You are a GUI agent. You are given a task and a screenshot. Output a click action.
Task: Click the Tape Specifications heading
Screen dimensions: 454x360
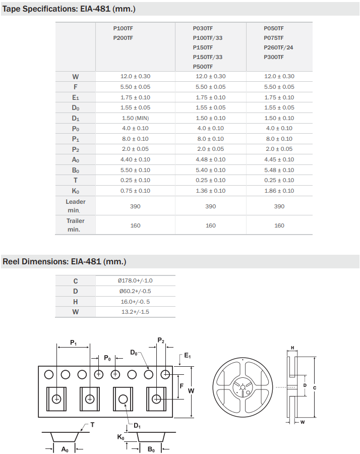pos(69,9)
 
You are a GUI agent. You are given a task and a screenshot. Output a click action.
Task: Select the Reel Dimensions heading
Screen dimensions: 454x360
pos(64,261)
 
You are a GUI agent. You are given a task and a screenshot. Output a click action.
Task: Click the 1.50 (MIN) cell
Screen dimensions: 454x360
pos(135,118)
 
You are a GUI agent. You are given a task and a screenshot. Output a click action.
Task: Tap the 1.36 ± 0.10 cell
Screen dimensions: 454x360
pos(210,191)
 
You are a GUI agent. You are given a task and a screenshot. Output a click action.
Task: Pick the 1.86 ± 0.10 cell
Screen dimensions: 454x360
pos(279,191)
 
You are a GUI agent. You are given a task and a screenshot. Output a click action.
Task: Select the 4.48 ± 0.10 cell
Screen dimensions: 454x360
pos(210,159)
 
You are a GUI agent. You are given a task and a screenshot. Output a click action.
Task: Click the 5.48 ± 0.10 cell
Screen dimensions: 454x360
pos(279,170)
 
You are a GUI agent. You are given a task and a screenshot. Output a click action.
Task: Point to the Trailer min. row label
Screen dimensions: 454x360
pos(75,225)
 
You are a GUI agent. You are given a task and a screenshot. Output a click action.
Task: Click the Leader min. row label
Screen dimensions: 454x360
pos(75,206)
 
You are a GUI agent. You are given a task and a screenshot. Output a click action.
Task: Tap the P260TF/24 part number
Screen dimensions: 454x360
pos(278,47)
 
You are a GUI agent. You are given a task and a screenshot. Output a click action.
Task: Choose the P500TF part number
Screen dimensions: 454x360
pos(203,67)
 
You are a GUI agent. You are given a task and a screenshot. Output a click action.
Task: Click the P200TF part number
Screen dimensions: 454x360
pos(123,38)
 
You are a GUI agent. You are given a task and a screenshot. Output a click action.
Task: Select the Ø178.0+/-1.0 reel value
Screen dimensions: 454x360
pos(136,280)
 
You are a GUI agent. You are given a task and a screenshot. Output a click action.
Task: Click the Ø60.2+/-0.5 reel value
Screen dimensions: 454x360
pos(135,291)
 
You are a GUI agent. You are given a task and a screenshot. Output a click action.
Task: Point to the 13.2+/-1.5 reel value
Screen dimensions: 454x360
pos(135,312)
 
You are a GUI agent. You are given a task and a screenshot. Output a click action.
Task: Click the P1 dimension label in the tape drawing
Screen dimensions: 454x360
pos(73,343)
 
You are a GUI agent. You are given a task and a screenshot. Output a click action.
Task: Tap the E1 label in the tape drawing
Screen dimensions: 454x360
pos(187,356)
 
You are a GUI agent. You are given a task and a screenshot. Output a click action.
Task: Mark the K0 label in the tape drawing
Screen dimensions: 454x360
pos(121,437)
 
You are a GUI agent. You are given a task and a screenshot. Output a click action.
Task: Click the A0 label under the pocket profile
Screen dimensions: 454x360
pos(65,449)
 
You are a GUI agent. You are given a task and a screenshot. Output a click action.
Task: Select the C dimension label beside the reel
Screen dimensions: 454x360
pos(315,387)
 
